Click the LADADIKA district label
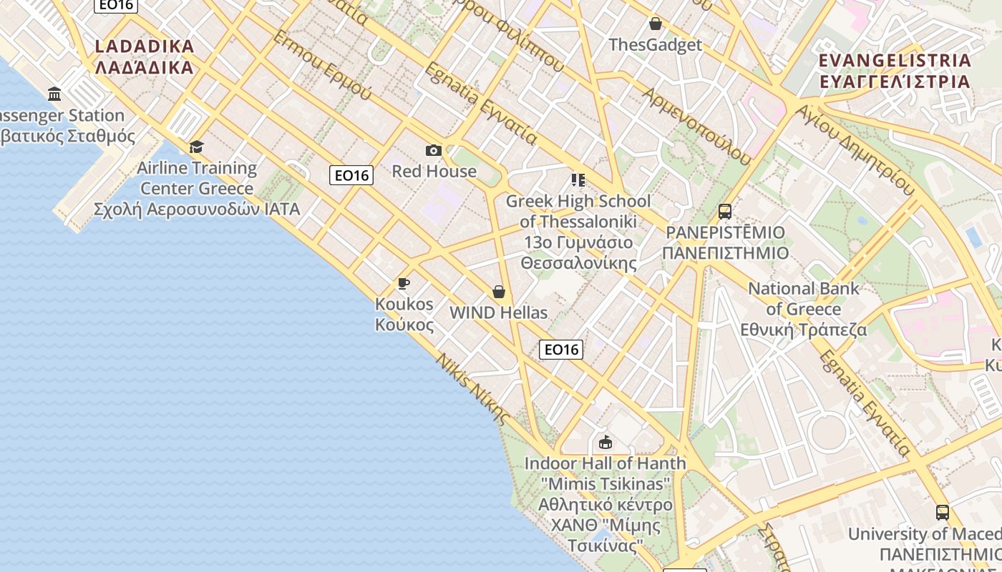(144, 57)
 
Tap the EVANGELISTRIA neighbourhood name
(895, 70)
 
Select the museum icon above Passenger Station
(54, 94)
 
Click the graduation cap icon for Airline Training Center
(196, 147)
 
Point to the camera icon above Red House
(433, 150)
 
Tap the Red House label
(434, 171)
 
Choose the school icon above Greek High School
(578, 179)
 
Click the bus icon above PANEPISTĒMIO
(725, 211)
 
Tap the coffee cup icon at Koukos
(404, 284)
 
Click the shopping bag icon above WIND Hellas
(499, 292)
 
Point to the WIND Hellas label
(498, 312)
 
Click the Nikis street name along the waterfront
(473, 389)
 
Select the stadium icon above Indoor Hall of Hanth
(605, 442)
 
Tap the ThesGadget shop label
(655, 45)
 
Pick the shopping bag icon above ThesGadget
(655, 24)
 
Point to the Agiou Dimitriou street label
(855, 151)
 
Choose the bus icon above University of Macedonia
(943, 512)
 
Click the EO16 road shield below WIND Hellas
(560, 349)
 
